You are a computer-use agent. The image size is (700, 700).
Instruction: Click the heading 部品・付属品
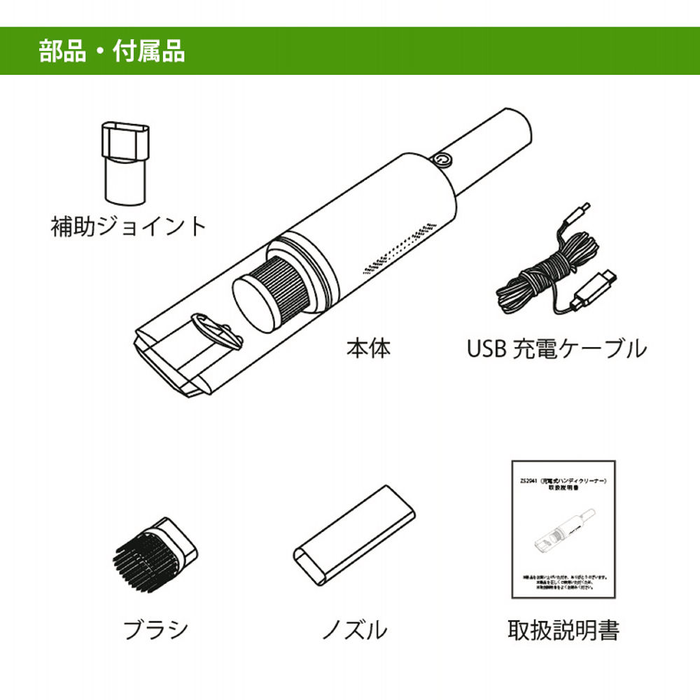[112, 52]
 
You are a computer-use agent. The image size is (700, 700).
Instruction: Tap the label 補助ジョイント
[129, 226]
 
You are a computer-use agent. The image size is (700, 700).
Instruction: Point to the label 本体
[368, 348]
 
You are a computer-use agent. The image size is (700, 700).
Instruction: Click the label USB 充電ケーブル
[556, 348]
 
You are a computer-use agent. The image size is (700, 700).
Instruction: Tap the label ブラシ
[155, 629]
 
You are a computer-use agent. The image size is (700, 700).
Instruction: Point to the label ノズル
[353, 629]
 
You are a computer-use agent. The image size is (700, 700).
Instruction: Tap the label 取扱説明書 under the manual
[563, 629]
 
